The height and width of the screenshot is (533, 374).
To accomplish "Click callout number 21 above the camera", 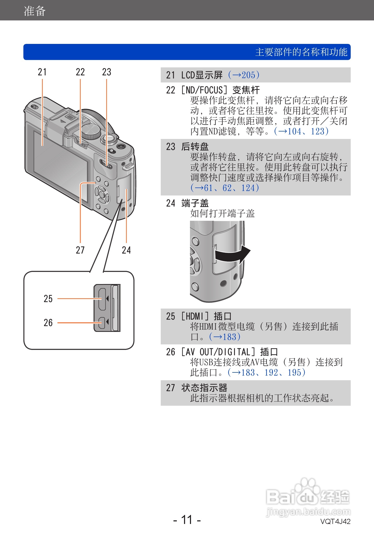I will (x=42, y=72).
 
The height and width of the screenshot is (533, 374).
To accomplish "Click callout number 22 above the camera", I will (x=80, y=72).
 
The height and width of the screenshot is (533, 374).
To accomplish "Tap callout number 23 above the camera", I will (x=106, y=72).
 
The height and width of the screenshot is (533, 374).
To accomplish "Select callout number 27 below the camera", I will (x=80, y=250).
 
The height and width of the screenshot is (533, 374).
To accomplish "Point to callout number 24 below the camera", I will (x=126, y=250).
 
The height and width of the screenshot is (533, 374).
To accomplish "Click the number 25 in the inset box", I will (x=48, y=299).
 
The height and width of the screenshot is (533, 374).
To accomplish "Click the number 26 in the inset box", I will (x=48, y=323).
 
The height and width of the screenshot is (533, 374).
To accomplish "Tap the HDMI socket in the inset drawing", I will (x=102, y=299).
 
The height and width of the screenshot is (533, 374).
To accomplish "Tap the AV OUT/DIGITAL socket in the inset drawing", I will (x=102, y=323).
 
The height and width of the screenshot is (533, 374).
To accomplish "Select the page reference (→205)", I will (x=244, y=75).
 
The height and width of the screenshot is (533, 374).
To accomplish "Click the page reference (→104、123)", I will (x=301, y=131).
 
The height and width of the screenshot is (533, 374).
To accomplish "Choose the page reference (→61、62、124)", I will (x=225, y=188).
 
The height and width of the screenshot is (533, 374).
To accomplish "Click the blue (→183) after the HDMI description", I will (x=225, y=337).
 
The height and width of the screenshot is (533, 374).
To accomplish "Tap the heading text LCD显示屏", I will (x=202, y=75).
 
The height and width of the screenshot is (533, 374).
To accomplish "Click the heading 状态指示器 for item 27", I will (x=204, y=388).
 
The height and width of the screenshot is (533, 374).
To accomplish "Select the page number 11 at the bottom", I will (x=187, y=520).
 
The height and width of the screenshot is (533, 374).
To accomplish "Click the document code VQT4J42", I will (x=335, y=522).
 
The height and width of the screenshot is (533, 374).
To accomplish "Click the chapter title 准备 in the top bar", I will (x=35, y=11).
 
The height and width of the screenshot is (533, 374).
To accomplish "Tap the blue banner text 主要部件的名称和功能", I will (x=301, y=52).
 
